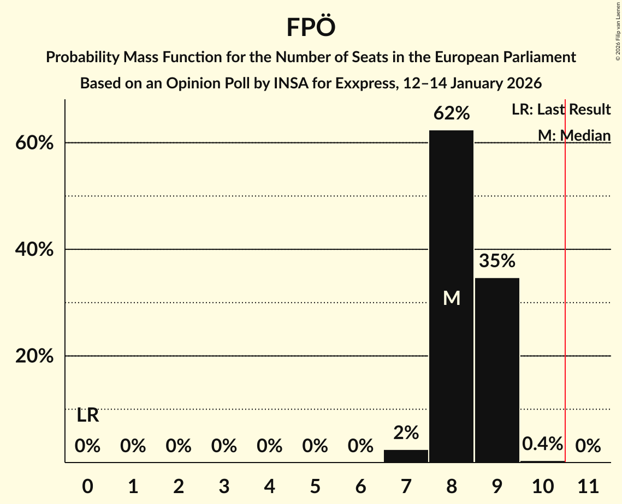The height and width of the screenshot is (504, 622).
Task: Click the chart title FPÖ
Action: (310, 27)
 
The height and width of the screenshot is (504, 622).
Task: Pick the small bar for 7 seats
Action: (406, 456)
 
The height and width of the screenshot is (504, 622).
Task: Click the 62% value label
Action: (451, 113)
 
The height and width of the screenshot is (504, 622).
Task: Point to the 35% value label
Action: (497, 261)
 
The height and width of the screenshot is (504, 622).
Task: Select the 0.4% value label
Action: (542, 444)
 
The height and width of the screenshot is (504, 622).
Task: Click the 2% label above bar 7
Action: (406, 433)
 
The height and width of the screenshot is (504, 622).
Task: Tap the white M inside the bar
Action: (451, 298)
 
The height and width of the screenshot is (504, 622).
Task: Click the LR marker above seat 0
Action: (87, 416)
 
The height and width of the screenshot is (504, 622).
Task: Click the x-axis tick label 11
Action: (588, 485)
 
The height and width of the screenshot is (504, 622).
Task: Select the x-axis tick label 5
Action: (315, 485)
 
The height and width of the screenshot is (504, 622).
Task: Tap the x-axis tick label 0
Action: (87, 485)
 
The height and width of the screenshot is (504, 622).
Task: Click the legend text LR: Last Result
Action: (561, 110)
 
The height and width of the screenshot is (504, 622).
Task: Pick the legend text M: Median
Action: (574, 135)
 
